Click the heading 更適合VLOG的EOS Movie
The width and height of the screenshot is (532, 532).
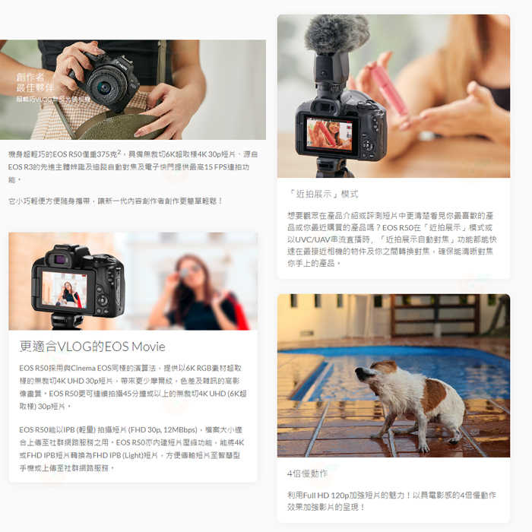click(x=92, y=347)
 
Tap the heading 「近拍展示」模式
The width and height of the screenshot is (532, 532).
click(x=323, y=194)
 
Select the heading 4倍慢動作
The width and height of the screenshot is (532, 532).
click(x=308, y=473)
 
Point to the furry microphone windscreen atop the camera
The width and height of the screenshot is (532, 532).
click(x=337, y=35)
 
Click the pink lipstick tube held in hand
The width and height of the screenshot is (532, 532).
click(x=389, y=91)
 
